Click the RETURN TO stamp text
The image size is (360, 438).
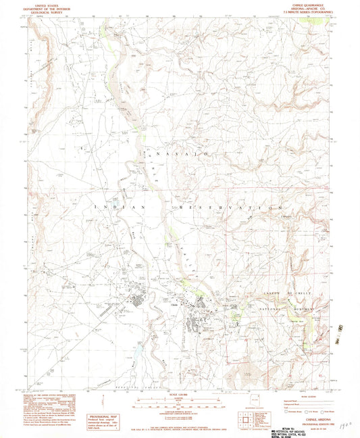(305, 424)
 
